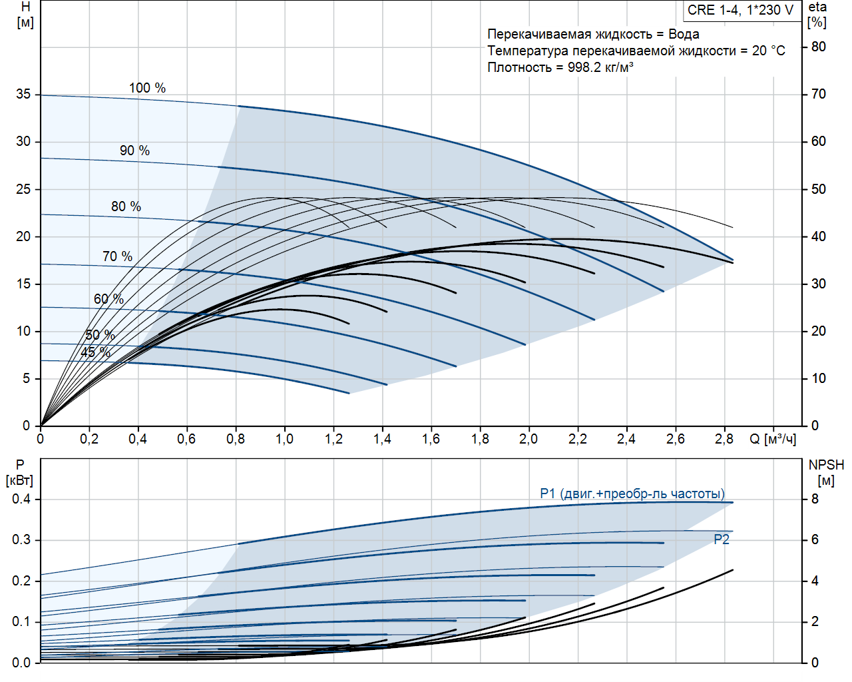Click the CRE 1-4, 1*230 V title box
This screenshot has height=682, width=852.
click(740, 11)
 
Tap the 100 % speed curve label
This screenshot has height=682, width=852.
click(147, 88)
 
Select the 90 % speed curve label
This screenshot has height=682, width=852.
click(134, 151)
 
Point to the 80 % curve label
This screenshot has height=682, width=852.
click(126, 206)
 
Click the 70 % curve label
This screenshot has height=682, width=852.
click(117, 256)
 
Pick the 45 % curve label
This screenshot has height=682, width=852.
click(95, 352)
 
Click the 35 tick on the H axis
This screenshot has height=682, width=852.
click(24, 94)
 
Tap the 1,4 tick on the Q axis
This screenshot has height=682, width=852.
click(382, 439)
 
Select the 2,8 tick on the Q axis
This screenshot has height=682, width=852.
click(724, 439)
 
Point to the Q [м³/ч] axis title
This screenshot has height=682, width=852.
click(773, 439)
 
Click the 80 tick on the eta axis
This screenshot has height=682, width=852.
click(819, 47)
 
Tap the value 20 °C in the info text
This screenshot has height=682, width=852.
click(769, 51)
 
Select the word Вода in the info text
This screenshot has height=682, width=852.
click(684, 34)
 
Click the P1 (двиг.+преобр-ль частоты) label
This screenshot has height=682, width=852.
click(632, 494)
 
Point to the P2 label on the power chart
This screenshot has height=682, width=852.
click(722, 539)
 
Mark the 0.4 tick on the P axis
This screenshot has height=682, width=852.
click(21, 499)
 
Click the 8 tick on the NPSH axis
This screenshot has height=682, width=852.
click(815, 499)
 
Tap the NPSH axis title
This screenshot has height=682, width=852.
click(826, 465)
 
